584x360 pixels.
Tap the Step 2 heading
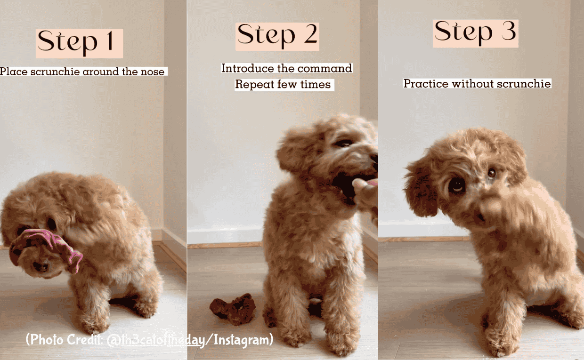coord(277,36)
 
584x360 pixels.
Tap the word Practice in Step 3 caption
coord(426,84)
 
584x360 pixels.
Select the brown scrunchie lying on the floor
coord(234,309)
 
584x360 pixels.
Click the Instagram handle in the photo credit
coord(156,340)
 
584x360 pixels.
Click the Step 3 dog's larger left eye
coord(456,185)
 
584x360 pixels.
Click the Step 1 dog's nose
coord(41,267)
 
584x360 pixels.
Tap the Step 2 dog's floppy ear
coord(294,151)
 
